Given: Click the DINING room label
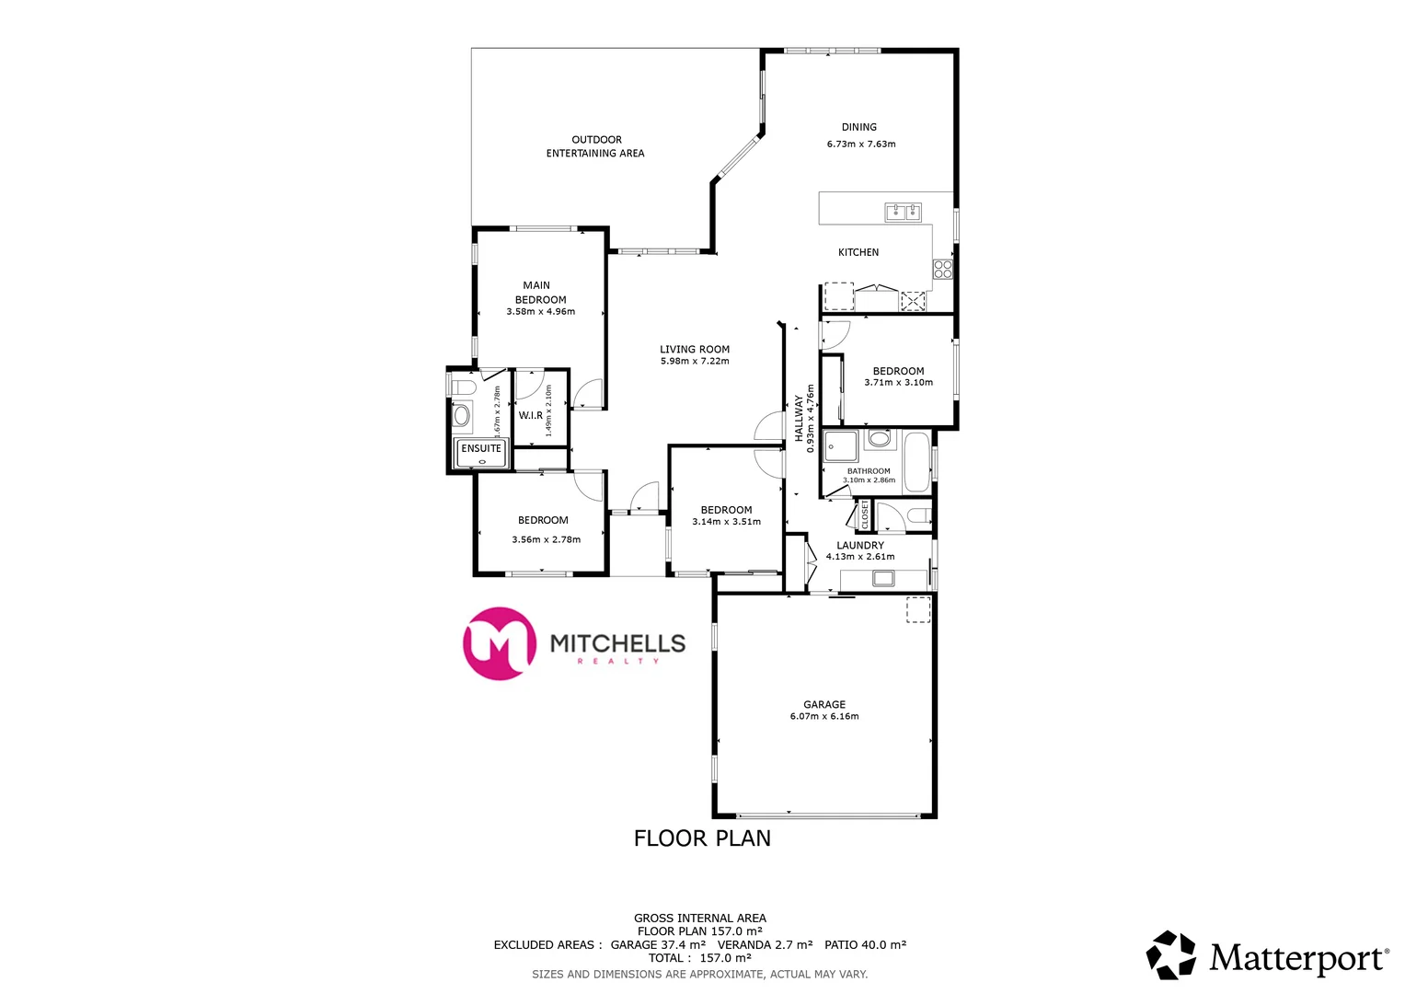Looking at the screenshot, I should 858,127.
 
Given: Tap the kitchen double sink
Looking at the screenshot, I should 903,213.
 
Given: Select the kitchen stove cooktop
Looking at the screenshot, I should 943,269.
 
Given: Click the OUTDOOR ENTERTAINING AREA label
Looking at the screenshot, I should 596,146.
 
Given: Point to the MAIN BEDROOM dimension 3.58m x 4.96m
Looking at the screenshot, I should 540,312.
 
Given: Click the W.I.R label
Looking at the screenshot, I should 531,415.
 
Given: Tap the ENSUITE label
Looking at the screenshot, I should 481,449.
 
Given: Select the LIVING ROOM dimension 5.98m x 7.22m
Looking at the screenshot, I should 694,361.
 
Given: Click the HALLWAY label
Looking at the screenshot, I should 799,419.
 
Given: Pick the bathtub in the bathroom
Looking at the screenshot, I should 916,462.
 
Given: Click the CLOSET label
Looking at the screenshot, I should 865,514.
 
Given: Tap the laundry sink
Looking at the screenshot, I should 883,578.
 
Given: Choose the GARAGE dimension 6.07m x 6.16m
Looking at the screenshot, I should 823,716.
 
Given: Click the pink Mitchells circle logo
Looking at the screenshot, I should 500,643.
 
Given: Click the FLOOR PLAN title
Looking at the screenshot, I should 702,838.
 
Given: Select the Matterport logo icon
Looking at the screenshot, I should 1170,954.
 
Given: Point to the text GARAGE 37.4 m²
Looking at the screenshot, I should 658,944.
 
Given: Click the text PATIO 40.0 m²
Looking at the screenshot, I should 865,944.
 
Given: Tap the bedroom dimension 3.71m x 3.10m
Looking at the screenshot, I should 898,383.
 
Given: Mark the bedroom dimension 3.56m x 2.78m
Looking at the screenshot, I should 546,539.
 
